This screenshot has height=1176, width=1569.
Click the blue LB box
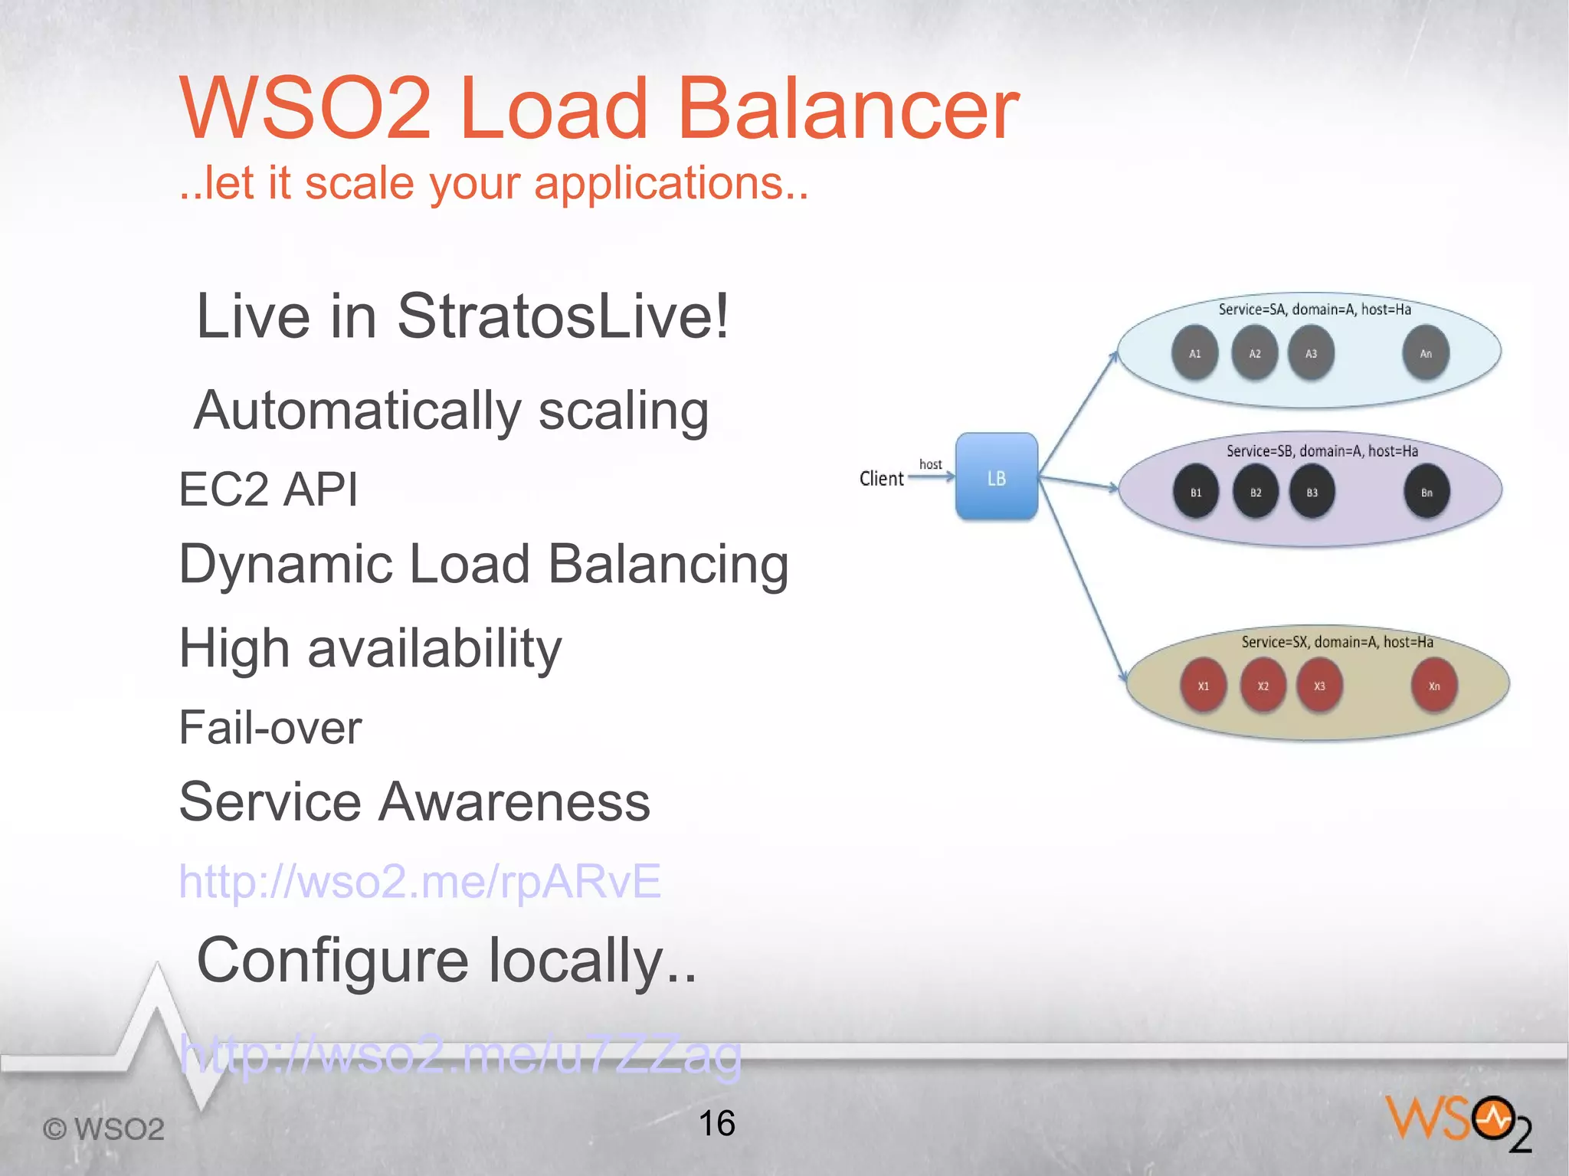996,477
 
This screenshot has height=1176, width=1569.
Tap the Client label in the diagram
881,479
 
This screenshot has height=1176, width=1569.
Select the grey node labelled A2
1254,353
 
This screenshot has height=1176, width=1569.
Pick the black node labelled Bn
1427,492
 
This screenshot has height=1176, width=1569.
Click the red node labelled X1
1203,686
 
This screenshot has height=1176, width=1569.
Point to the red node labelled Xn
1433,686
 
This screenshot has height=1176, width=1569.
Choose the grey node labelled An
1425,353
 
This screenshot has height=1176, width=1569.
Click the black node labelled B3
1312,492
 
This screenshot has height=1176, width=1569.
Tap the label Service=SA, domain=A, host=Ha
1315,310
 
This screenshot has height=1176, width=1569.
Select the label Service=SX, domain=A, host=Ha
1337,642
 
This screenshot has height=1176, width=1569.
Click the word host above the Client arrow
930,464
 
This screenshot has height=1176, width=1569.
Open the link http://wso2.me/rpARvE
419,881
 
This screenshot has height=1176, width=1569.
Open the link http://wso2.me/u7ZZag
460,1055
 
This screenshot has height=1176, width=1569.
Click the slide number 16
716,1123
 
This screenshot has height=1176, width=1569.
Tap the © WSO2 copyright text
103,1129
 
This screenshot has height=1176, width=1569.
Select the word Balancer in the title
847,109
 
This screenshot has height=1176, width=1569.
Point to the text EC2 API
268,489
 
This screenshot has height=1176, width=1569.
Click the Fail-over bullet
270,727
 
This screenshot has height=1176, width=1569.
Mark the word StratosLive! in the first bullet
563,316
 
